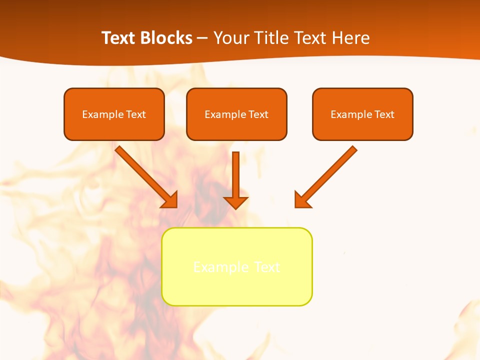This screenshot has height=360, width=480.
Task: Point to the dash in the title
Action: (202, 38)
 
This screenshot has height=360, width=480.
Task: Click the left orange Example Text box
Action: (114, 114)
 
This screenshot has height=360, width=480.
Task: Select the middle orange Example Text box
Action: (236, 114)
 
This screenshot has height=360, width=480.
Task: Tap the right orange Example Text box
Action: (362, 114)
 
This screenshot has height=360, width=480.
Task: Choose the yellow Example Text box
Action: (237, 266)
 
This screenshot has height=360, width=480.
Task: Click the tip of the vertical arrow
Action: (235, 207)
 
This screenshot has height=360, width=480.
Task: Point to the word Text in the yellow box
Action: (267, 267)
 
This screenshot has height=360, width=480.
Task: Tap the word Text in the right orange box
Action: (384, 114)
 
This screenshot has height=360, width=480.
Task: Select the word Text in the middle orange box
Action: (258, 114)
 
